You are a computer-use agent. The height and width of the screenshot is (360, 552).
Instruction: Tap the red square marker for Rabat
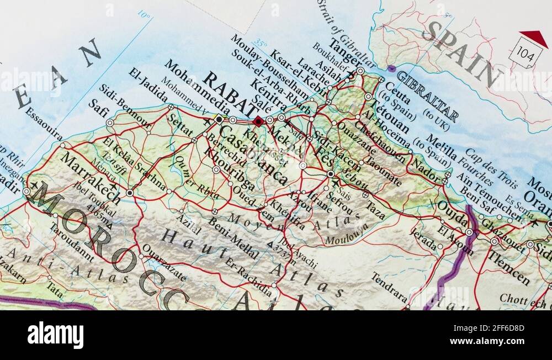[257, 121]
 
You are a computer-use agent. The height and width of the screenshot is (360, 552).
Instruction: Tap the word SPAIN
[461, 52]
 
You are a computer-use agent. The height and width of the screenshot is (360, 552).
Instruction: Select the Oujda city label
[453, 213]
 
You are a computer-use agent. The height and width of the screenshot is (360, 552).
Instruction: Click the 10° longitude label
[144, 15]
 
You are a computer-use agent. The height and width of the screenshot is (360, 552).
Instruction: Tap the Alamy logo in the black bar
[55, 335]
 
